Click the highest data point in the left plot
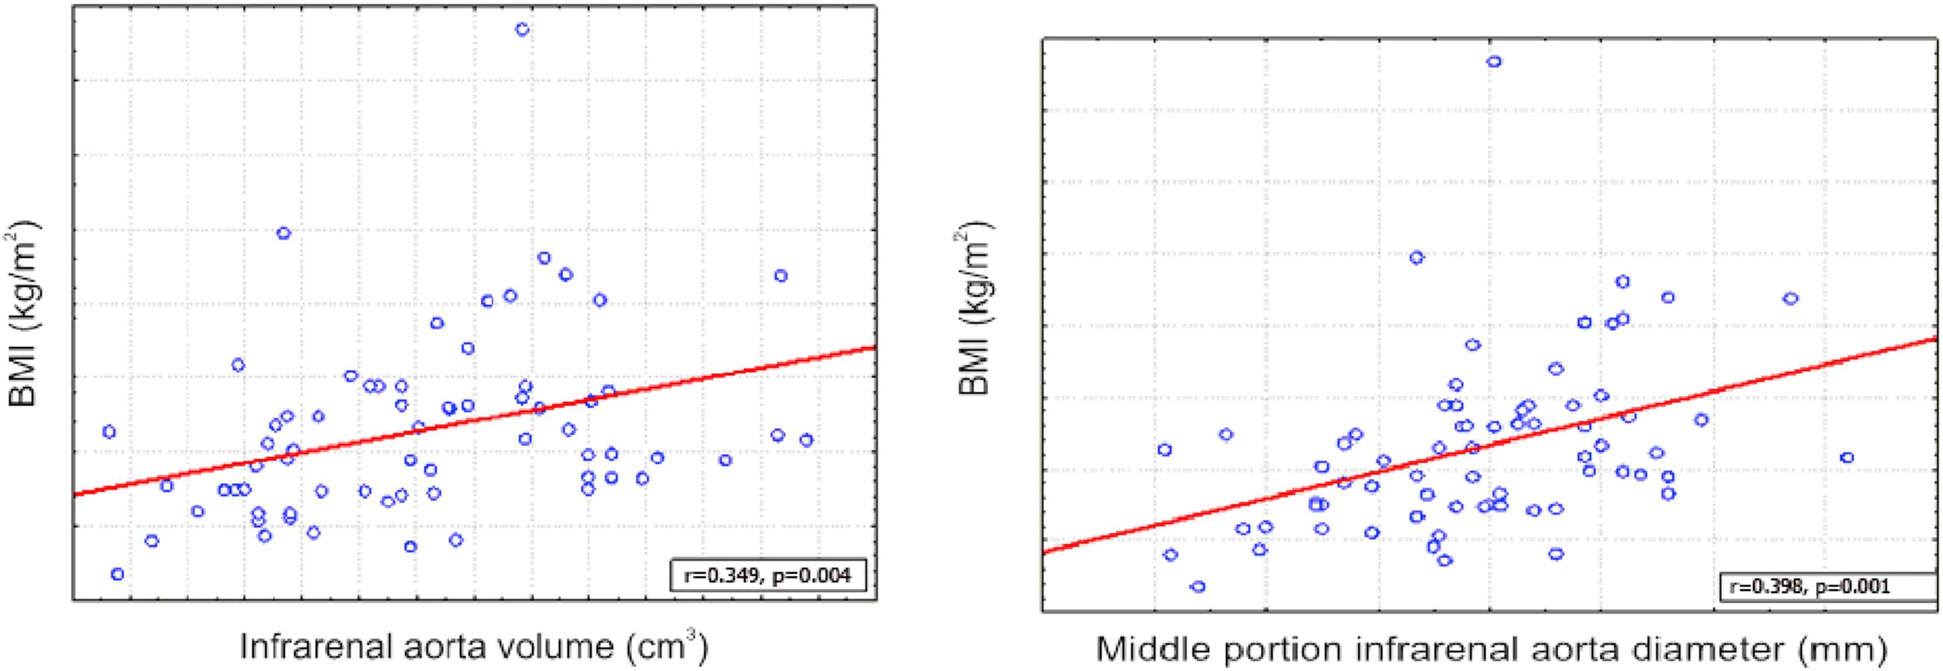[x=522, y=29]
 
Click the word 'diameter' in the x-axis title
[x=1673, y=649]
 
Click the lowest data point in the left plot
[x=117, y=574]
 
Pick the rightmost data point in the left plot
[x=806, y=440]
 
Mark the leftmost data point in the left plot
[x=108, y=432]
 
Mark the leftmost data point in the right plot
[x=1165, y=450]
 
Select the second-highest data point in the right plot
[x=1417, y=257]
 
